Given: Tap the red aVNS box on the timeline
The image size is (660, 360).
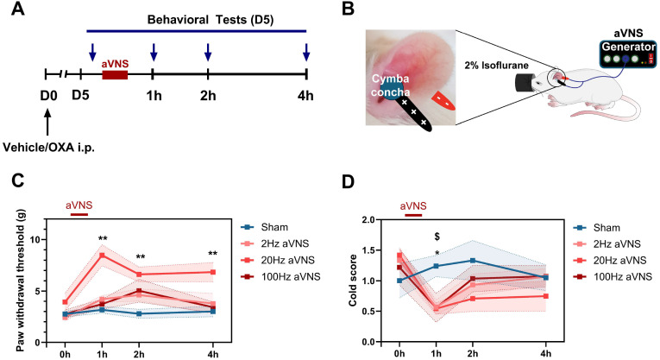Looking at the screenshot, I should (115, 76).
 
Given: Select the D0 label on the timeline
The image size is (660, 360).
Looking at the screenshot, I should (49, 93).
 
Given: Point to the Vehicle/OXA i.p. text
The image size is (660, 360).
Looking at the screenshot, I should (52, 146).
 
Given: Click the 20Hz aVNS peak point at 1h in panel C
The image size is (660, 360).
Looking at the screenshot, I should (102, 256).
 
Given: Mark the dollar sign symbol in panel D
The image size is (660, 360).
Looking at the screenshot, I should (437, 236).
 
